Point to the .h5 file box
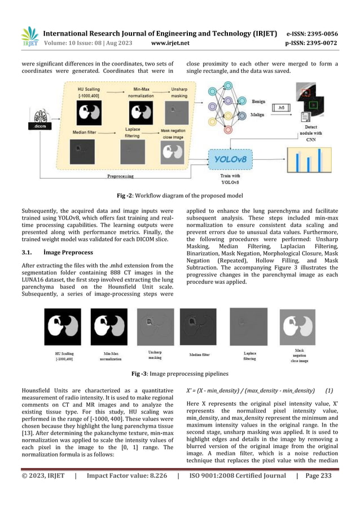(x=277, y=108)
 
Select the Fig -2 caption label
(x=125, y=196)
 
